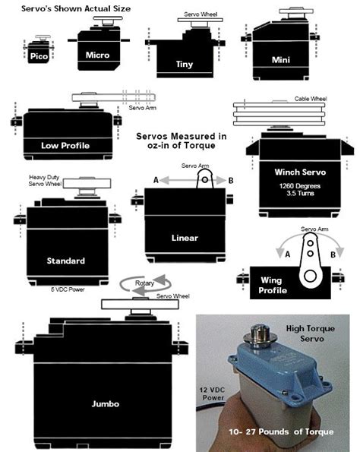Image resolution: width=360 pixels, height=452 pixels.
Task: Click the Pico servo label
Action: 39,56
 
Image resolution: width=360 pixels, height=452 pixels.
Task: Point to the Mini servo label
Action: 282,58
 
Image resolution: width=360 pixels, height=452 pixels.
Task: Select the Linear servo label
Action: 184,238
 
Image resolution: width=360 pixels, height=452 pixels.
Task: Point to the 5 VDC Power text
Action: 65,289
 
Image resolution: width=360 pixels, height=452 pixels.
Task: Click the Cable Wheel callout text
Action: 312,99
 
